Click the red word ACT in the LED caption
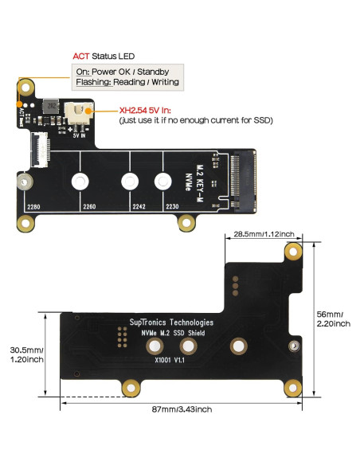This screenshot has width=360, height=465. click(80, 57)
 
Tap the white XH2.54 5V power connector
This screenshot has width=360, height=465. click(79, 115)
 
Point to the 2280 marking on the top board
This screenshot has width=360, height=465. click(33, 207)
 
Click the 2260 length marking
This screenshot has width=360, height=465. click(89, 207)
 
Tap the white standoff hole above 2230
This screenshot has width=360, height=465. click(162, 182)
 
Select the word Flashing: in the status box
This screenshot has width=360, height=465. click(93, 82)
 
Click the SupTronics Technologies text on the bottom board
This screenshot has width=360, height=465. click(171, 322)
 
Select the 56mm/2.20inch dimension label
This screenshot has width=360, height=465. click(334, 318)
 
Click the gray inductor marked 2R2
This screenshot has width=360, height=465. click(49, 106)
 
